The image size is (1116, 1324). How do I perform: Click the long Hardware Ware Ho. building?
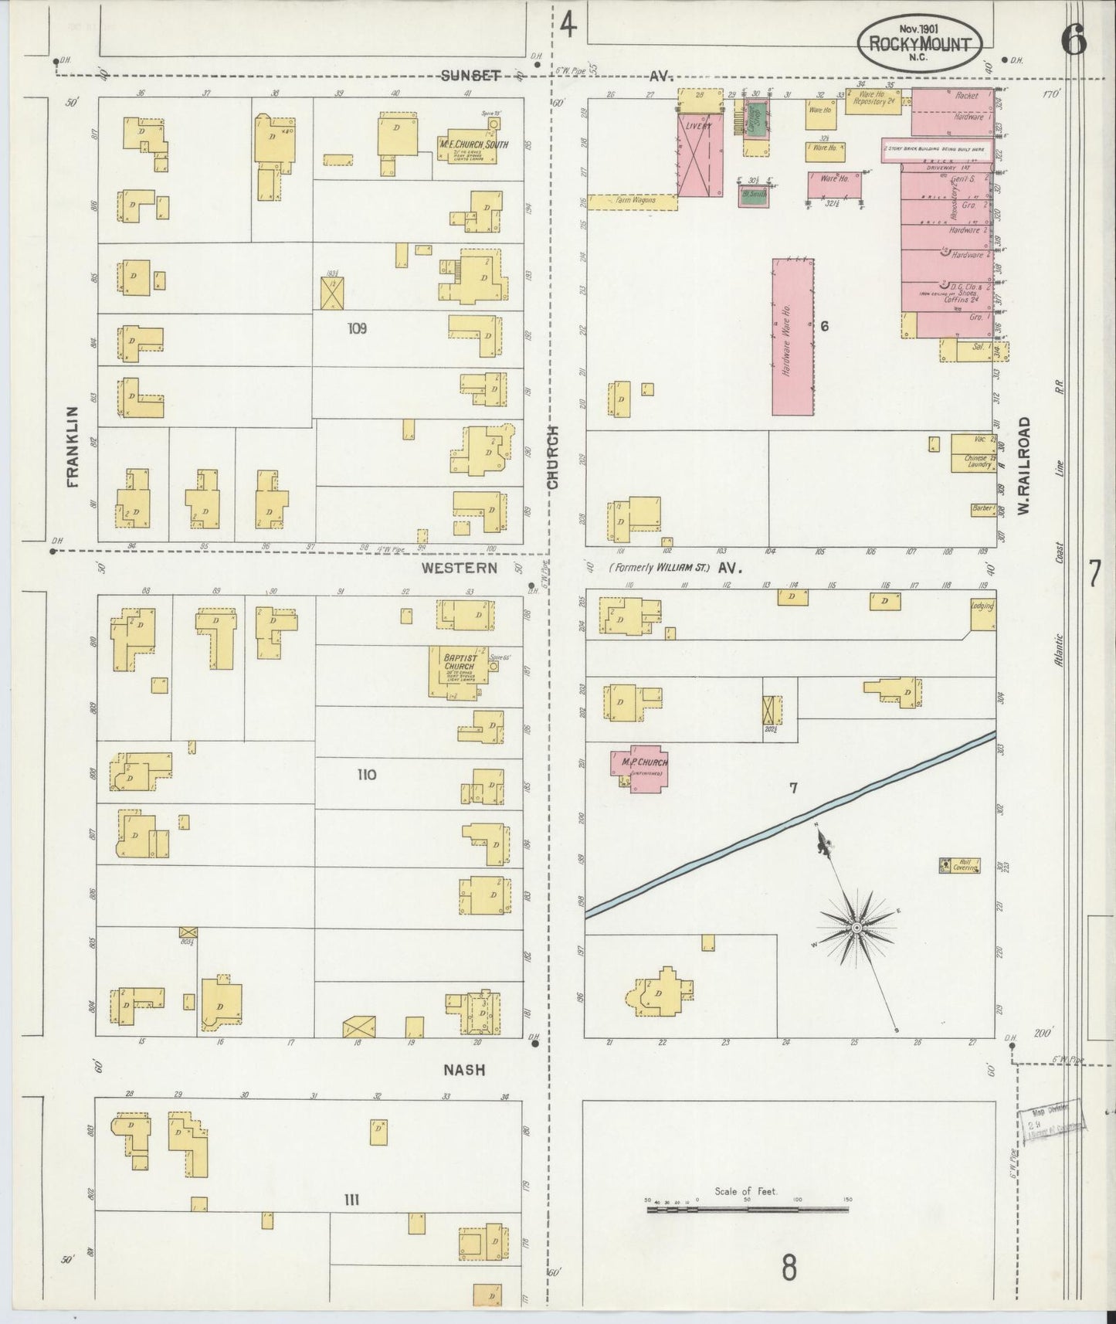792,337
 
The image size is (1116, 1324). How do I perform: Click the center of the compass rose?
857,926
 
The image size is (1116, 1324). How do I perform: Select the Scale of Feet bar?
747,1209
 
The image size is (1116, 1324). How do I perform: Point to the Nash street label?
463,1070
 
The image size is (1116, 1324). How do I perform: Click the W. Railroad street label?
1024,467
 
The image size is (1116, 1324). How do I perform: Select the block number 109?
357,328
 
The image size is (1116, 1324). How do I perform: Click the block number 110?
366,774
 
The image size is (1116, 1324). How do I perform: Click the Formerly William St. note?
659,568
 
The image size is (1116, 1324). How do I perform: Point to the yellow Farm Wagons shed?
632,202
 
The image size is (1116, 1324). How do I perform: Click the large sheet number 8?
789,1268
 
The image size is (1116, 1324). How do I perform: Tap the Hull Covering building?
959,865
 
